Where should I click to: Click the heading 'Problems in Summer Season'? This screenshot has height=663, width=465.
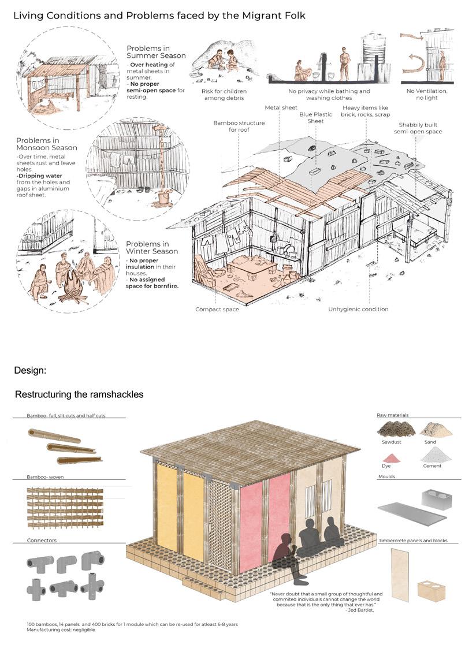point(156,51)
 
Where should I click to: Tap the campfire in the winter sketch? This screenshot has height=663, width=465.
point(72,285)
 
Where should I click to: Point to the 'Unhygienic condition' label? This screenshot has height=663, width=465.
point(358,310)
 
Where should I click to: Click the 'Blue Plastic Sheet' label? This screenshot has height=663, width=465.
point(315,118)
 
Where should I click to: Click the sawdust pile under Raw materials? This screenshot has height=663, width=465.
point(396,428)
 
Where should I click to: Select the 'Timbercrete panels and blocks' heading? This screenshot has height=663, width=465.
point(412,541)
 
